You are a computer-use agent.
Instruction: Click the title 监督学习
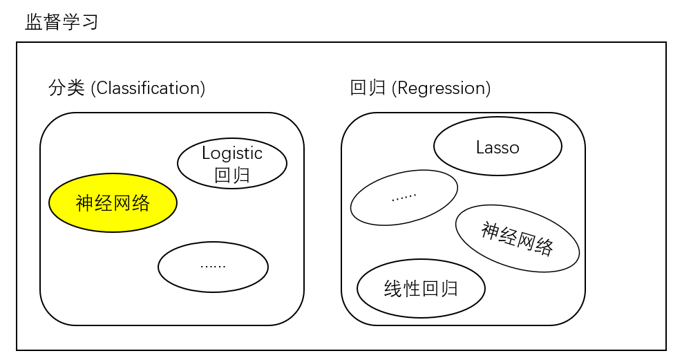[x=62, y=22]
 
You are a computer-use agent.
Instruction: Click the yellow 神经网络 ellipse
[x=113, y=202]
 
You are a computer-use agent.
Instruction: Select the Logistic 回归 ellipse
[x=232, y=163]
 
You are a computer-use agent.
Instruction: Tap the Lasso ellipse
[x=498, y=146]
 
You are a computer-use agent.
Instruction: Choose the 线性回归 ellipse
[x=421, y=288]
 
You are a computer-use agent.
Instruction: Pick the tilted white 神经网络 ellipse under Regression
[x=518, y=238]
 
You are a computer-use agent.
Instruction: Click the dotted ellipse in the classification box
[x=213, y=267]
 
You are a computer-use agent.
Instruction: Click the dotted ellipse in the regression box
[x=404, y=198]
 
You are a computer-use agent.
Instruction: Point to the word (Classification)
[x=148, y=88]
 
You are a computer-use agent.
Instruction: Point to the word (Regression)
[x=441, y=88]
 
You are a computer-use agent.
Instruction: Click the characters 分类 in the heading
[x=66, y=88]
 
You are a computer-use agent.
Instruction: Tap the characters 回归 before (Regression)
[x=368, y=88]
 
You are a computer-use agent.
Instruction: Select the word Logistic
[x=232, y=153]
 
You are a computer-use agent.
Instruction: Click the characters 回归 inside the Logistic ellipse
[x=232, y=176]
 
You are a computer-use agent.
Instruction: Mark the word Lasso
[x=498, y=147]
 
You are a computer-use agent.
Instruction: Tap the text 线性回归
[x=421, y=289]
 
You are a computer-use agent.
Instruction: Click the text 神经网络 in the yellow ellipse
[x=113, y=203]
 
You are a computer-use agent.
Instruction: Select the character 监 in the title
[x=34, y=22]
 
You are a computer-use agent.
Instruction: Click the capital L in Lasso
[x=480, y=147]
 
